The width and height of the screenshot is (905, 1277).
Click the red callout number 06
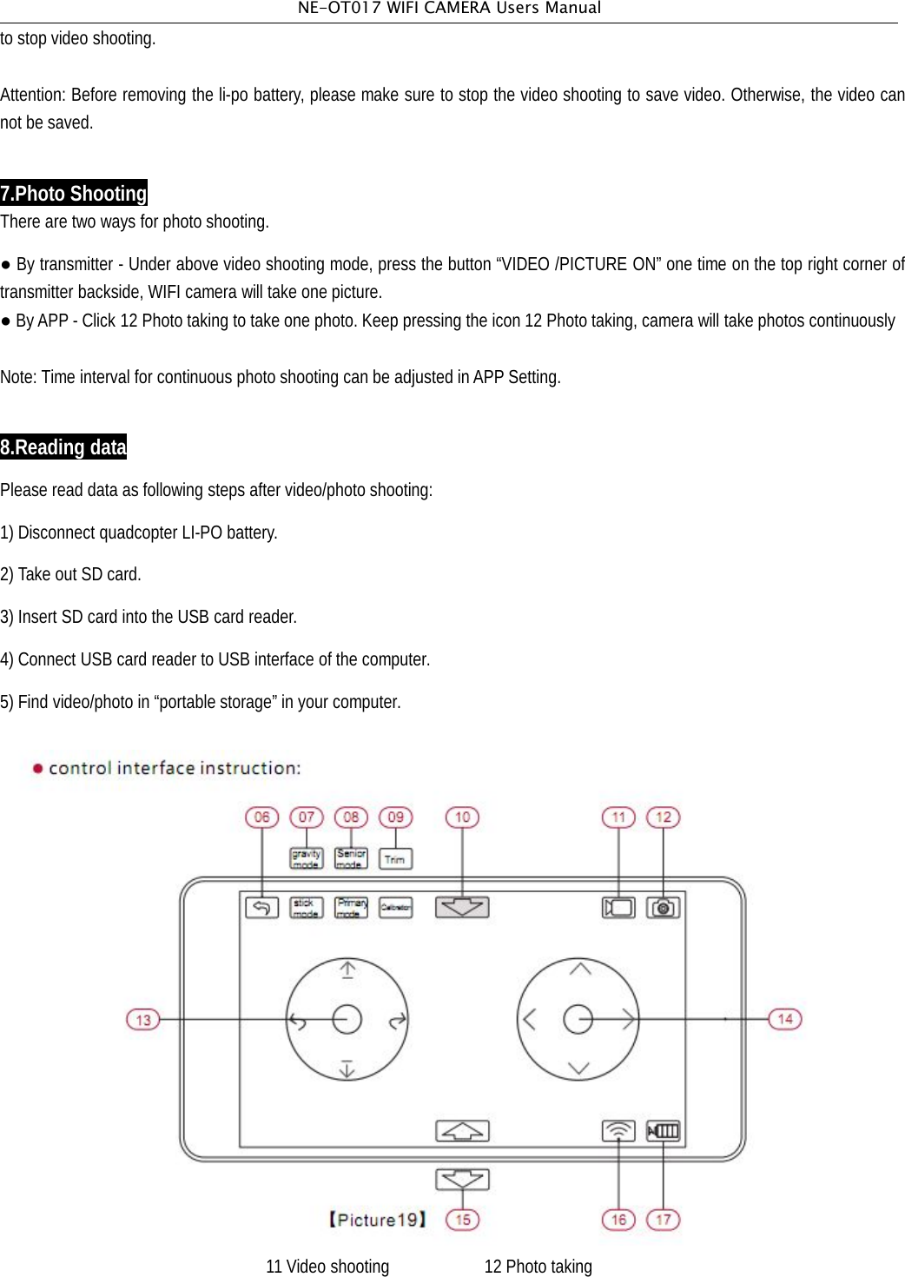point(261,817)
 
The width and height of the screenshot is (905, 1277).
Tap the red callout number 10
point(462,817)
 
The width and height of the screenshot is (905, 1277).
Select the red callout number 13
point(143,1019)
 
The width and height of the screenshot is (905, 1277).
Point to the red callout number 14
point(785,1019)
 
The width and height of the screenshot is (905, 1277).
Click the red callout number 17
point(663,1220)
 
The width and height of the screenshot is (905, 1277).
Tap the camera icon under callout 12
point(663,908)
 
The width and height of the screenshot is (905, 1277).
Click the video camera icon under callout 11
point(618,908)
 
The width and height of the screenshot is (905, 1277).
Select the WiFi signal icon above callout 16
point(618,1131)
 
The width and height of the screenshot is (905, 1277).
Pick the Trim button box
point(395,859)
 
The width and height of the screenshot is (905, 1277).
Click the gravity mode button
point(306,859)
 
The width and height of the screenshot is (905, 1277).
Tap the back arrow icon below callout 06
point(261,908)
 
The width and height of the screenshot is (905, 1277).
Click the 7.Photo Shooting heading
point(74,193)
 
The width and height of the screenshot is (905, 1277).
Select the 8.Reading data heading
point(63,447)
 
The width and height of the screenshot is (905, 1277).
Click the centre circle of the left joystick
point(347,1019)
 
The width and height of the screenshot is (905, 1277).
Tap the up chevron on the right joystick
point(579,969)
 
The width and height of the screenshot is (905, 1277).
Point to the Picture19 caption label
point(378,1220)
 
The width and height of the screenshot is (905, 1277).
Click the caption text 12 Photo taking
point(538,1267)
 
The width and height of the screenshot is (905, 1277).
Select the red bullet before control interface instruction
point(37,768)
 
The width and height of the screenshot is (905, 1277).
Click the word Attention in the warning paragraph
point(32,95)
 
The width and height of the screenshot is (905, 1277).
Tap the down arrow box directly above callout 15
point(462,1179)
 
